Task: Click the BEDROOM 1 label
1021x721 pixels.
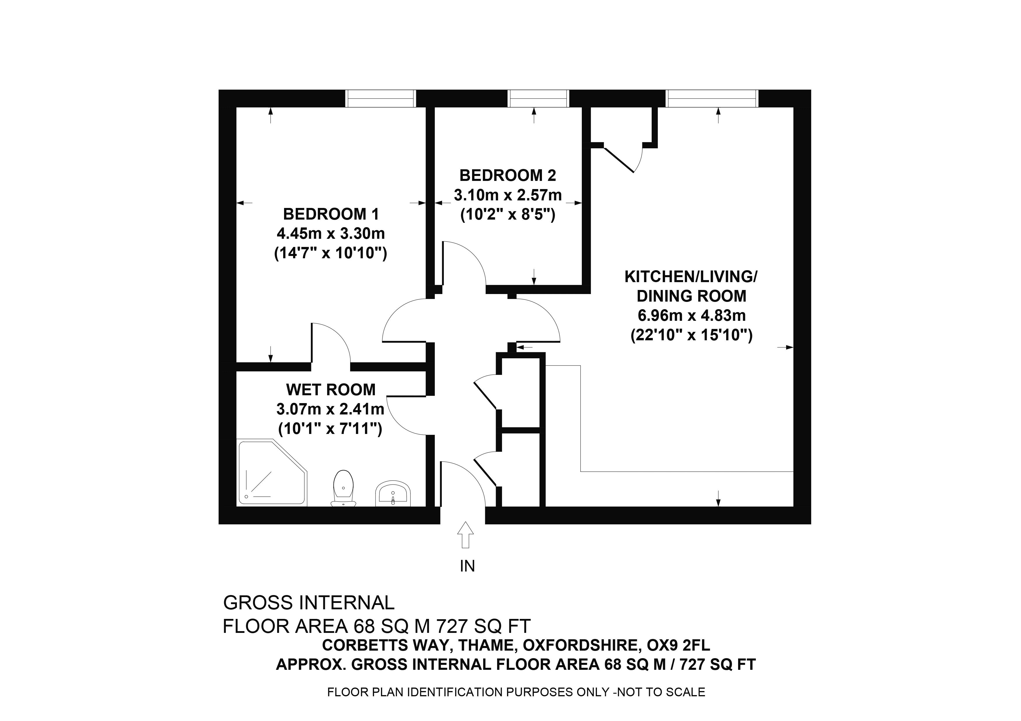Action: (x=331, y=214)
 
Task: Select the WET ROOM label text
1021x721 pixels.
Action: (x=331, y=390)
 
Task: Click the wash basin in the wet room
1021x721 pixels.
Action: (x=393, y=493)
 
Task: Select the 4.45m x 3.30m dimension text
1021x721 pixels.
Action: (x=331, y=234)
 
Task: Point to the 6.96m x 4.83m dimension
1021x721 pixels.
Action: (x=692, y=315)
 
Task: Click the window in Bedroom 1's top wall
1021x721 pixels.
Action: (x=381, y=98)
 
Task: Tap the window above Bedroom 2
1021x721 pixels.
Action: (x=538, y=98)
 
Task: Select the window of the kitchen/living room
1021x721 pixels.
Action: (x=712, y=98)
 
